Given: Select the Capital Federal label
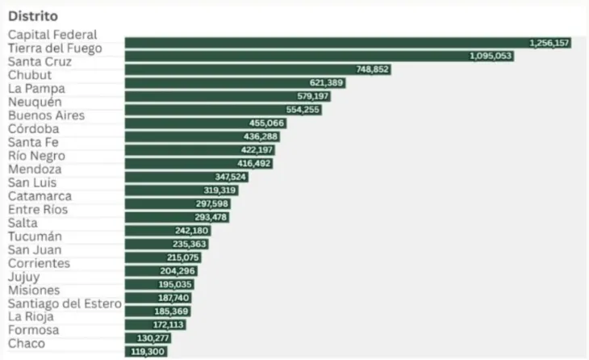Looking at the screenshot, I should [x=52, y=35].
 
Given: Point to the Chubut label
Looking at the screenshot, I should [x=28, y=75].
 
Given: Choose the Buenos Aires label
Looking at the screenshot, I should [x=47, y=115].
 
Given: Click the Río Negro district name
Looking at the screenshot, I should [x=37, y=156].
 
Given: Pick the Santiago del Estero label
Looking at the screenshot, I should [x=65, y=303].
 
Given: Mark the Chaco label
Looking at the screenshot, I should [x=27, y=344].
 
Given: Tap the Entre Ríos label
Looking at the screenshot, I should [x=39, y=210].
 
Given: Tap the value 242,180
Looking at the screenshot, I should [x=191, y=231].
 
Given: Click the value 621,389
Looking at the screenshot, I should [x=327, y=82].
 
